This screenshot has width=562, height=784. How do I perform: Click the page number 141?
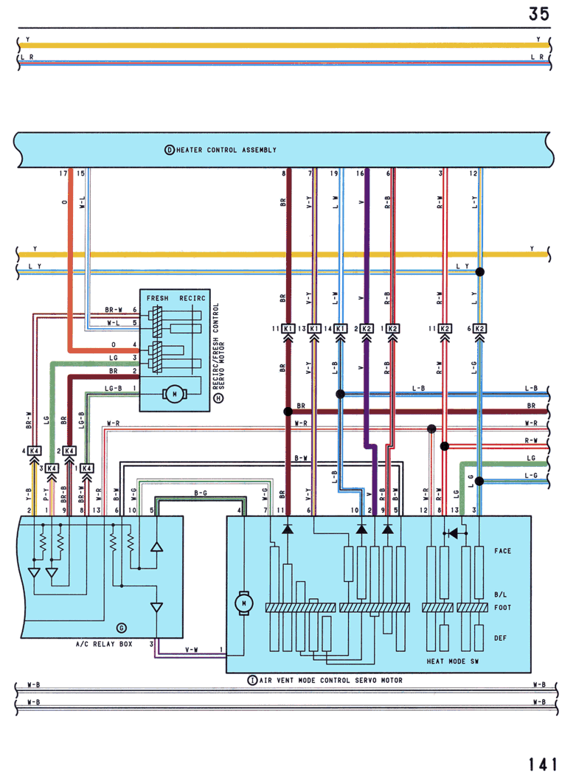(x=543, y=765)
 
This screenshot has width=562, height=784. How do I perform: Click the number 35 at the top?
(x=539, y=13)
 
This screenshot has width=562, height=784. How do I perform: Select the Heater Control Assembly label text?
(x=226, y=150)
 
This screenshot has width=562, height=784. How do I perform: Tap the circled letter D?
(x=170, y=150)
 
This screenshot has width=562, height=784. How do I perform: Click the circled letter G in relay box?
(x=121, y=628)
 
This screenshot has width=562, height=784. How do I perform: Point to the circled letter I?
(x=252, y=680)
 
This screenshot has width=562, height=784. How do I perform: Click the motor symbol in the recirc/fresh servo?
(x=174, y=394)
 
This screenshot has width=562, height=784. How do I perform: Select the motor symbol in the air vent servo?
(x=243, y=603)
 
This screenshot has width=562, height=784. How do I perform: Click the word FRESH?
(x=158, y=298)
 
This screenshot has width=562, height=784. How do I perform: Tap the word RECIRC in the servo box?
(x=192, y=298)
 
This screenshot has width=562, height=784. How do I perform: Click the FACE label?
(x=502, y=551)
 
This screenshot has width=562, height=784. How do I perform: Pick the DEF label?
(x=500, y=638)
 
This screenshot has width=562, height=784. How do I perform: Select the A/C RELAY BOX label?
(x=104, y=644)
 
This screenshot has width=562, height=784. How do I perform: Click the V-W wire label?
(x=192, y=650)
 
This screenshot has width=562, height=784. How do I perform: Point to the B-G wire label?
(x=201, y=493)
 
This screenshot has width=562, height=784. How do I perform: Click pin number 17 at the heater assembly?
(x=63, y=173)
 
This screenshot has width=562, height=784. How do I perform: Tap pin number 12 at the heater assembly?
(x=473, y=173)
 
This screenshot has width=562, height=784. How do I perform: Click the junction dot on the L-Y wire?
(x=479, y=272)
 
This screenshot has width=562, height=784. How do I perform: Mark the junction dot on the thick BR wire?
(x=288, y=412)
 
